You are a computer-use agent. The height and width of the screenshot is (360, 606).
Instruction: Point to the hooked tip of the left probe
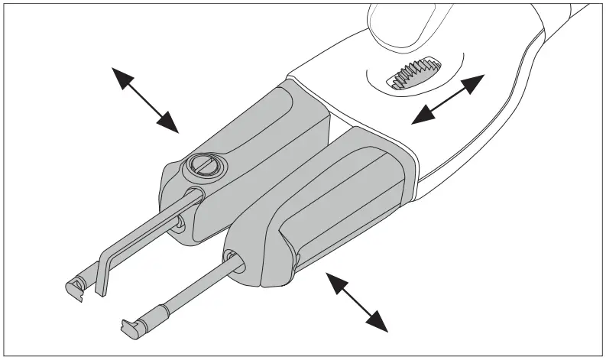74,287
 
